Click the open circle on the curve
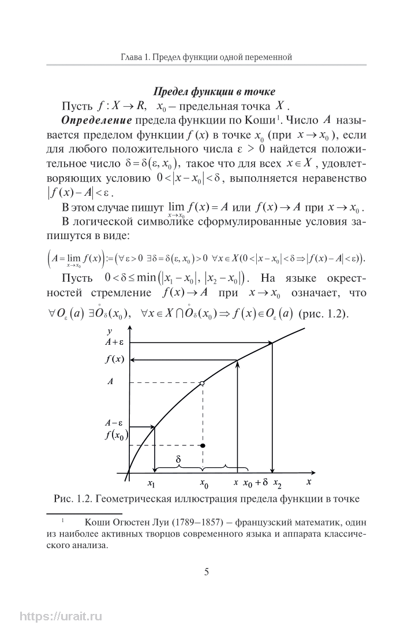(x=201, y=383)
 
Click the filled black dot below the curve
(x=202, y=446)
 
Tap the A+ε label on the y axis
(x=115, y=343)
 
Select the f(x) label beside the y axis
(x=115, y=360)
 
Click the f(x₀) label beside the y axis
(x=116, y=436)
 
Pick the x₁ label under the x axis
(x=151, y=482)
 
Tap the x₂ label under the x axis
(x=278, y=482)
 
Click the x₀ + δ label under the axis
(x=255, y=482)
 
